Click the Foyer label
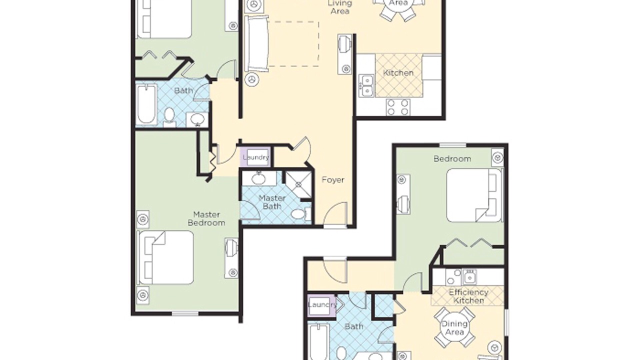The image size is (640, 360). coord(333,180)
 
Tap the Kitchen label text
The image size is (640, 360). coord(398,73)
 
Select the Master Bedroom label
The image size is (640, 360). coord(206,218)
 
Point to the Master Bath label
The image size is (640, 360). coord(272,202)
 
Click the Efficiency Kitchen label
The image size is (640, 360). coord(468,296)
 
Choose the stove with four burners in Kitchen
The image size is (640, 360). coord(398,107)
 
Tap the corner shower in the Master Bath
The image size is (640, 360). coord(298,184)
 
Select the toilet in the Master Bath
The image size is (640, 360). coord(301,213)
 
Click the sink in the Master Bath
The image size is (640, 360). coord(259,178)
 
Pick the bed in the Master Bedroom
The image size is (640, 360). coord(165,257)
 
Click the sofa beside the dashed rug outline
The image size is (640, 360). coord(256,43)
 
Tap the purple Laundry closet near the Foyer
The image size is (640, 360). coord(255,157)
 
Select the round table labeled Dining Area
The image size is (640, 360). coord(454,327)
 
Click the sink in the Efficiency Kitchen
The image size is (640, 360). coord(469,277)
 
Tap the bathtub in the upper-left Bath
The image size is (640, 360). coord(146,104)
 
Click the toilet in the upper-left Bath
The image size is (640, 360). coord(169,117)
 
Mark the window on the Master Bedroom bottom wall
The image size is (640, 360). coord(185,313)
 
